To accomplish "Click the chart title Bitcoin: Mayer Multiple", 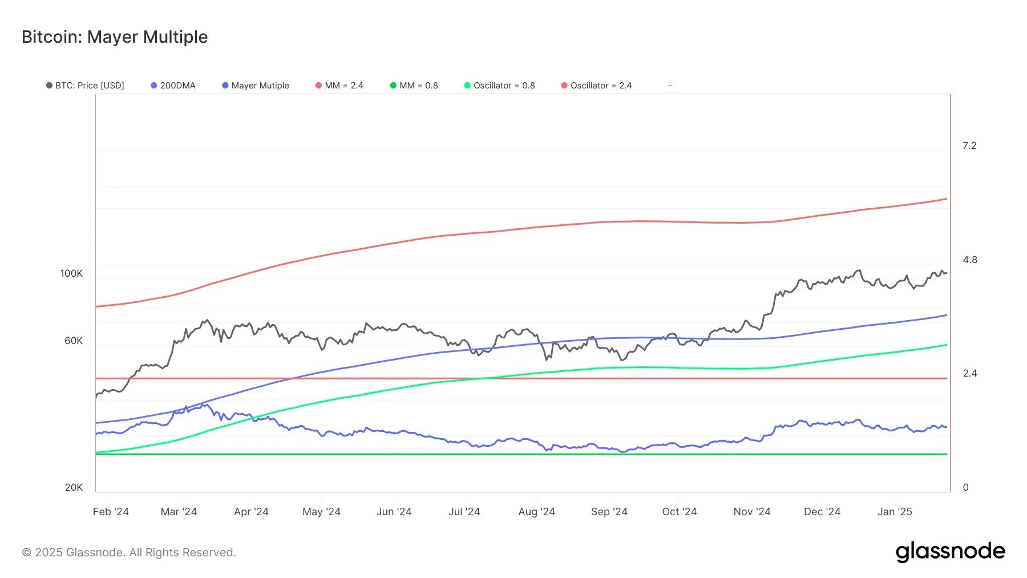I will coord(115,37).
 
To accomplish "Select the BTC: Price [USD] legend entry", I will coord(86,86).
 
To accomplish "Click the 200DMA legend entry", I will coord(173,86).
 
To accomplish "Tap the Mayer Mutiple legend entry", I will coord(256,86).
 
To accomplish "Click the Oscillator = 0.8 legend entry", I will coord(500,86).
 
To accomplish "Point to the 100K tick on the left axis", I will coord(71,273).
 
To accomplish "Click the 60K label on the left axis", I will coord(74,341).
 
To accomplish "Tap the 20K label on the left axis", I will coord(74,487).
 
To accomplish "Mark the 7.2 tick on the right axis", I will coord(969,145).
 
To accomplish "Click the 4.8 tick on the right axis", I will coord(969,260).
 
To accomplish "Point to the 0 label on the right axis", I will coord(965,487).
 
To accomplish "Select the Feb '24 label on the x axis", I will coord(111,512).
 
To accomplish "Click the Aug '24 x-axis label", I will coord(536,512).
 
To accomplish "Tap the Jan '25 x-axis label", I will coord(895,512).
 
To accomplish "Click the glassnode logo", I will coord(950,552).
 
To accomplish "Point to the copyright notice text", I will coord(129,552).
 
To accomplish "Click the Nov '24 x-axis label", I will coord(751,512).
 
